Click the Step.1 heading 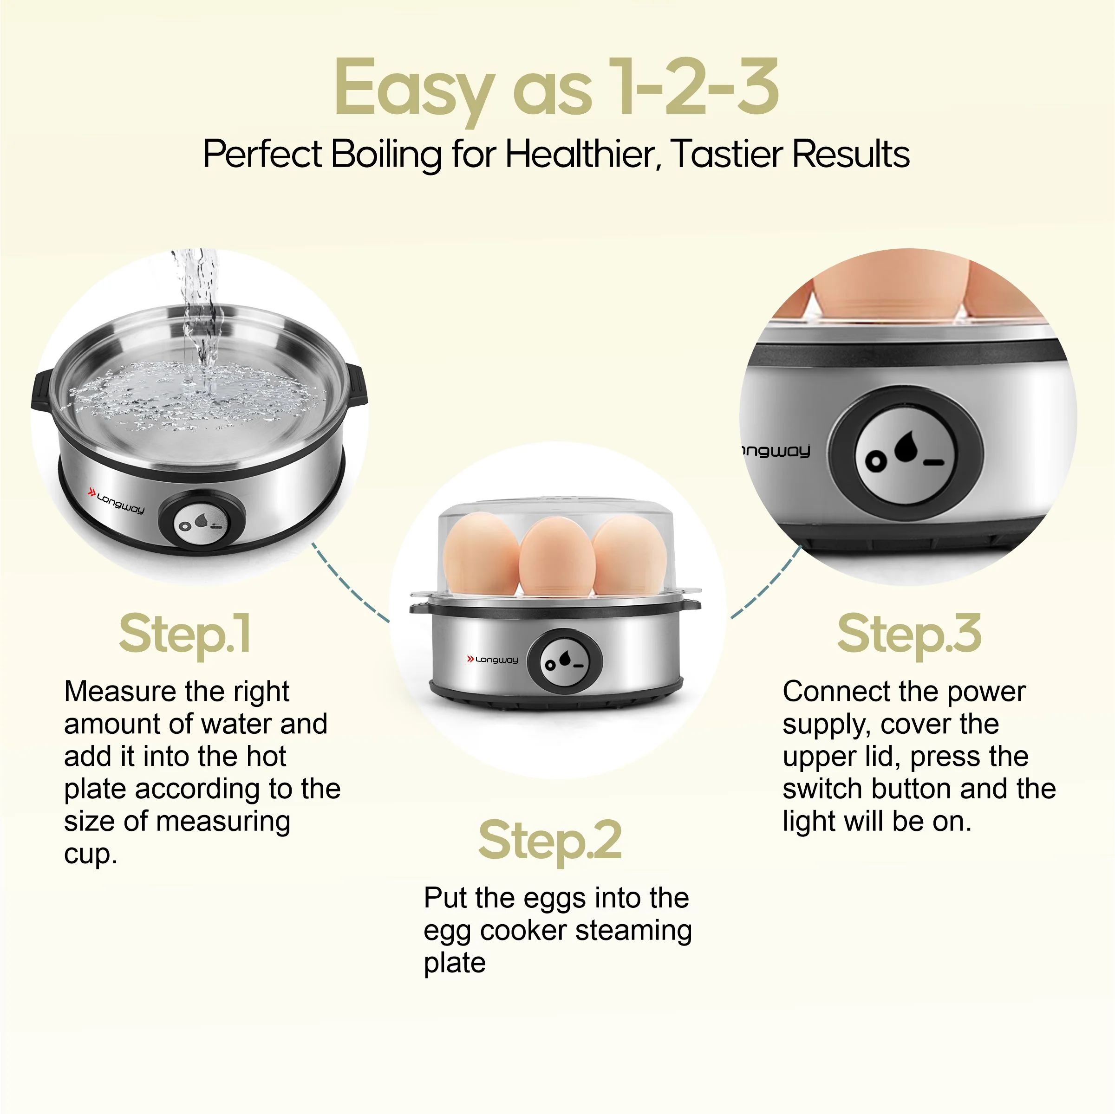pyautogui.click(x=185, y=635)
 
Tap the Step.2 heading pyautogui.click(x=550, y=841)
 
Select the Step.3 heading pyautogui.click(x=909, y=635)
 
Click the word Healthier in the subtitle pyautogui.click(x=583, y=155)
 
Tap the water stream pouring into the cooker pyautogui.click(x=200, y=311)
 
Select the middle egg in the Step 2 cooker pyautogui.click(x=555, y=557)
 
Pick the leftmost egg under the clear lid pyautogui.click(x=480, y=554)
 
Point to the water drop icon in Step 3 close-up pyautogui.click(x=906, y=447)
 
